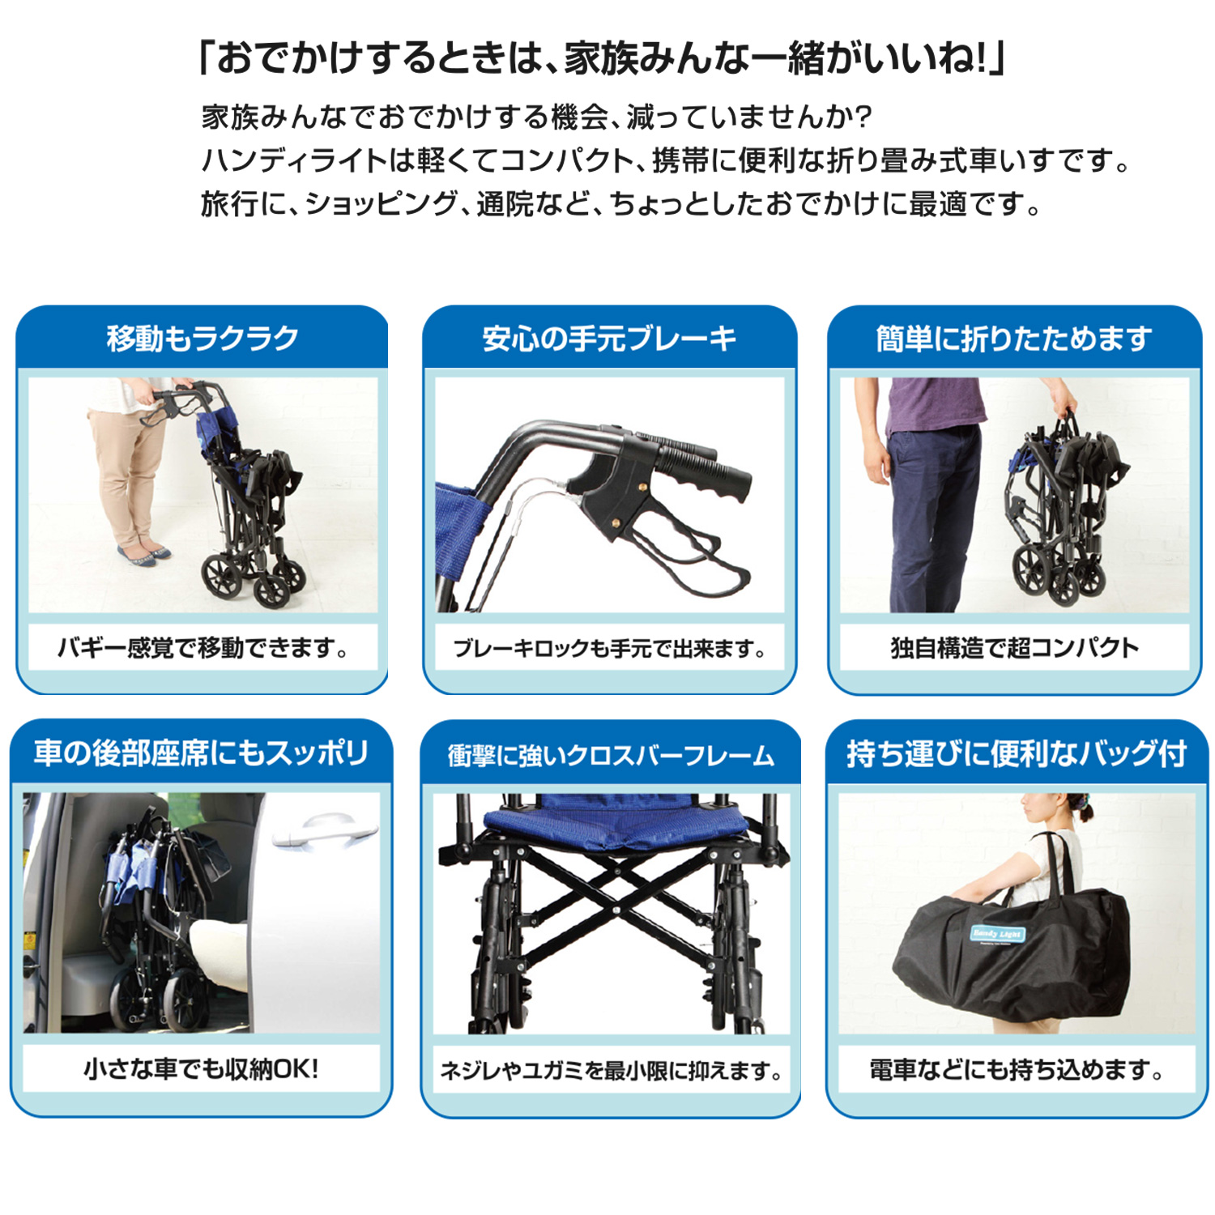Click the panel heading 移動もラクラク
point(202,339)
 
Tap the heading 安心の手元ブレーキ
point(609,339)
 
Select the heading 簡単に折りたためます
point(1014,339)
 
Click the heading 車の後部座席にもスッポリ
point(201,753)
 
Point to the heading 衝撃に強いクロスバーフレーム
point(611,756)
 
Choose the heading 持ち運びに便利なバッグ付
point(1017,753)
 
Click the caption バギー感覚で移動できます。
point(202,648)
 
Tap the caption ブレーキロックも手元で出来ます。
point(609,649)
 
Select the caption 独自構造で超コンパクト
point(1014,648)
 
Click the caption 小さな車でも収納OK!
point(201,1069)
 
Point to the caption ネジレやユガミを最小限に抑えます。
point(611,1071)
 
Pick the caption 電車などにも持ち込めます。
point(1017,1070)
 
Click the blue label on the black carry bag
point(998,934)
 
